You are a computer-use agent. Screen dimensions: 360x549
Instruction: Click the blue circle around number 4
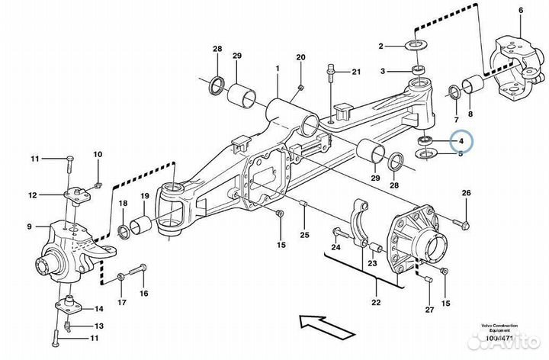(x=461, y=142)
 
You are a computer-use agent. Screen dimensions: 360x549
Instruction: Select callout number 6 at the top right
(x=521, y=10)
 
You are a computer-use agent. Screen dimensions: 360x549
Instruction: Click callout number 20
(x=300, y=57)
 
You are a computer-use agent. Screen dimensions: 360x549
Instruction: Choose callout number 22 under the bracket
(x=375, y=303)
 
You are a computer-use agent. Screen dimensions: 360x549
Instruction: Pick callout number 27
(x=429, y=309)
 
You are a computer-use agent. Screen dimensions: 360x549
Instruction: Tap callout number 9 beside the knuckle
(x=29, y=227)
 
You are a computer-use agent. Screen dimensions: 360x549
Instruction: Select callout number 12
(x=33, y=195)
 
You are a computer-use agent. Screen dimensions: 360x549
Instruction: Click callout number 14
(x=98, y=309)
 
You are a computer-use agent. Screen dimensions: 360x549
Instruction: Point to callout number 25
(x=303, y=234)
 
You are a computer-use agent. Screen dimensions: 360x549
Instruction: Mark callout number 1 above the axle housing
(x=278, y=68)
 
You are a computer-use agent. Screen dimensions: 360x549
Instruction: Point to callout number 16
(x=142, y=291)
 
